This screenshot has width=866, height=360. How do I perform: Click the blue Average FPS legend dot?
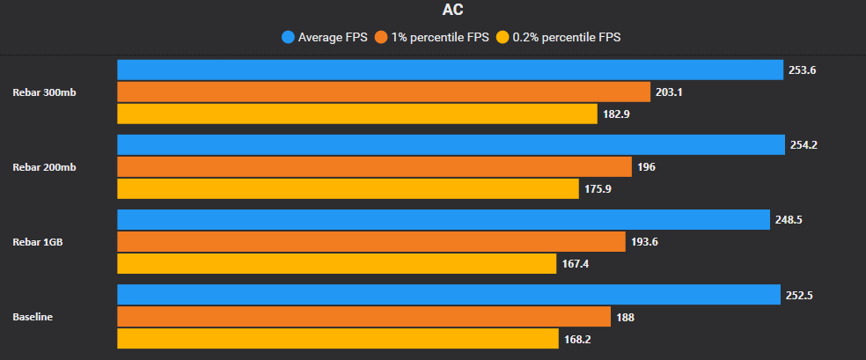[x=288, y=37]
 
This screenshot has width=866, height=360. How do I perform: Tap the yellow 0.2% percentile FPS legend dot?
[x=503, y=37]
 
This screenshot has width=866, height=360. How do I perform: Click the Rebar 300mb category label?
[x=44, y=92]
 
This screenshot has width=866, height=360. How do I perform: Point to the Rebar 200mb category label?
[x=44, y=167]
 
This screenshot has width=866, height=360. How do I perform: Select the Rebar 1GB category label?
[x=38, y=242]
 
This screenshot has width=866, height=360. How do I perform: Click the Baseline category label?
[x=33, y=317]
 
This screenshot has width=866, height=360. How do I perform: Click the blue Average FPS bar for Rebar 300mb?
[x=450, y=70]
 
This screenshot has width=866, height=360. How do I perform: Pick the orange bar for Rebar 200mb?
[x=374, y=167]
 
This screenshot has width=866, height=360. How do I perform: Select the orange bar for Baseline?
[x=363, y=317]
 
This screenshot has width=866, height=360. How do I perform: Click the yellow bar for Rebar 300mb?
[x=357, y=114]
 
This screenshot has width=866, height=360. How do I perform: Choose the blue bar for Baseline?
[x=448, y=295]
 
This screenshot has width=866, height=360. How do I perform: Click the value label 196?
[x=646, y=167]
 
